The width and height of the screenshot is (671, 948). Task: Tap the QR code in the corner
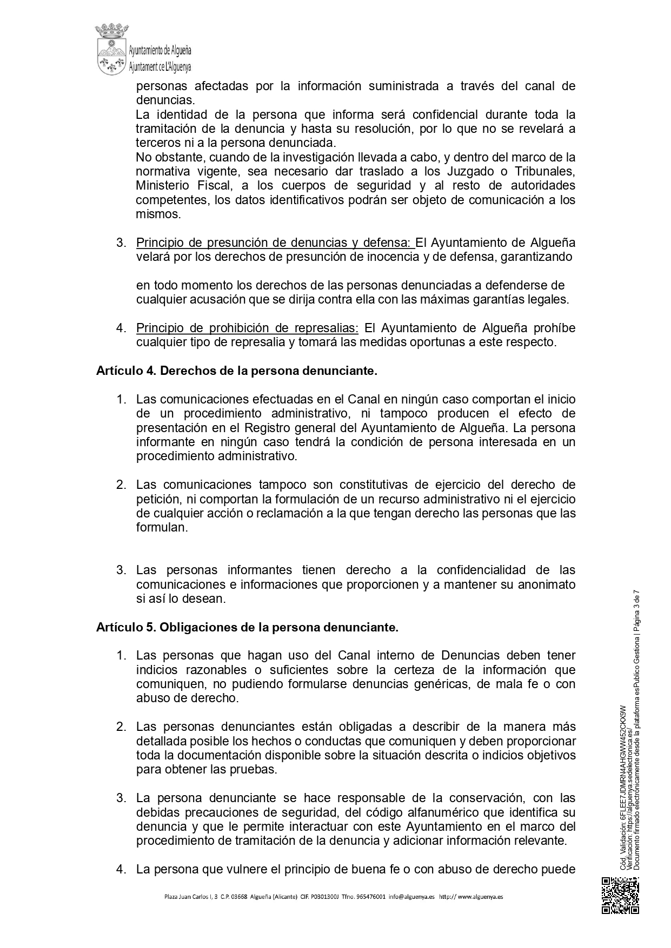tap(620, 895)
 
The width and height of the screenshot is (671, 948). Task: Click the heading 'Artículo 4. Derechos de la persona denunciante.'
tap(236, 371)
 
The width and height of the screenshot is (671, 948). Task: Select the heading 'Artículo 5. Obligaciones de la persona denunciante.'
tap(247, 627)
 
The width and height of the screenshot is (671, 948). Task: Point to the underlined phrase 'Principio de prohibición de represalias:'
tap(247, 328)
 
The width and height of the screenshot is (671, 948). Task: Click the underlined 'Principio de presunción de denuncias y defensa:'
tap(275, 243)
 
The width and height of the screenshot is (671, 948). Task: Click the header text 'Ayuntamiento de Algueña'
tap(160, 51)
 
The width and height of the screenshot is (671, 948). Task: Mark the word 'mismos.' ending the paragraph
tap(158, 214)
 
